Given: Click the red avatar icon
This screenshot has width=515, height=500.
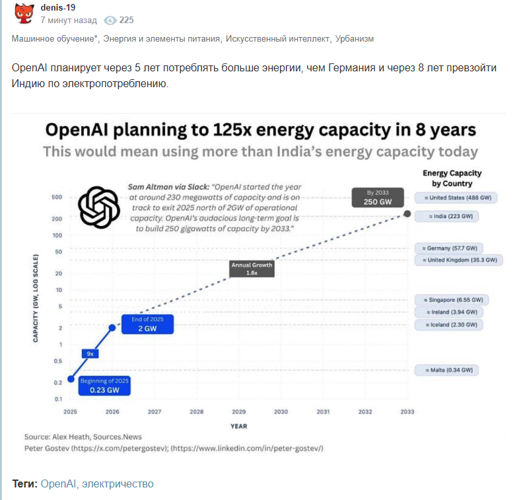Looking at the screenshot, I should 24,14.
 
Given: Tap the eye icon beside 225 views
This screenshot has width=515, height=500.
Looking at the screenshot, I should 110,20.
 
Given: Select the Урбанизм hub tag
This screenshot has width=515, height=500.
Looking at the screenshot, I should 355,39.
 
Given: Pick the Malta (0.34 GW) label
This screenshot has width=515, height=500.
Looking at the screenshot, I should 447,370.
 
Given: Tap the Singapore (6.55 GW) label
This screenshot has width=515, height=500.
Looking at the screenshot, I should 449,299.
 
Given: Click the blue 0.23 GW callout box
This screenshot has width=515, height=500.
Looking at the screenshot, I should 104,386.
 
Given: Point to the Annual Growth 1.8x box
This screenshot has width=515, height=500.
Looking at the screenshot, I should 251,268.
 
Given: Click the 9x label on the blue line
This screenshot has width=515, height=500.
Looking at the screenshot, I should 90,353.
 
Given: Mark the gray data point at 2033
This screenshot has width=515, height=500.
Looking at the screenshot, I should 407,214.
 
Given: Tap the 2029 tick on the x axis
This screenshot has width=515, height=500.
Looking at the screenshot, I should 239,411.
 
